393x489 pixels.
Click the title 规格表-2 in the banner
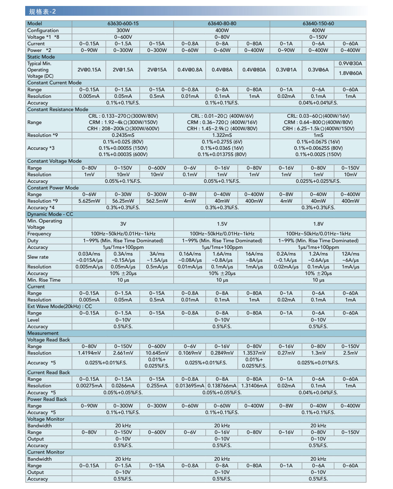42,12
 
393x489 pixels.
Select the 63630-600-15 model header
123,24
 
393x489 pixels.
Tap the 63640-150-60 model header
318,24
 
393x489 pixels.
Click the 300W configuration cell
123,31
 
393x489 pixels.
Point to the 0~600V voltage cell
123,37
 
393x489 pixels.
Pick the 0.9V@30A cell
350,64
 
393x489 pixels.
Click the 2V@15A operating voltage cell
157,70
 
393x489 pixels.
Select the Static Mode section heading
41,57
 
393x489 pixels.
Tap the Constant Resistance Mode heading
58,110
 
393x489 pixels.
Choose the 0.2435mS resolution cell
123,135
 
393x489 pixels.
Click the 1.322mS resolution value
222,135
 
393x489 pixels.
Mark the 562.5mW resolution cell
157,201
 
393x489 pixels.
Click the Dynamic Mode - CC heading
50,214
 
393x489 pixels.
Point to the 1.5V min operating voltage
222,224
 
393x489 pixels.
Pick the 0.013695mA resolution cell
190,386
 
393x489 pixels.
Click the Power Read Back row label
47,399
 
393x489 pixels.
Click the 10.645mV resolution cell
157,353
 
